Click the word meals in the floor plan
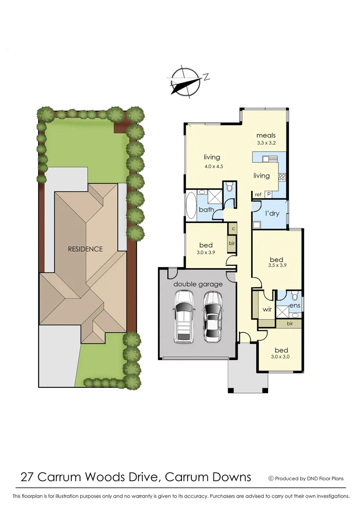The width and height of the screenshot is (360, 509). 266,136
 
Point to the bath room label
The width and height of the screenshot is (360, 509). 206,209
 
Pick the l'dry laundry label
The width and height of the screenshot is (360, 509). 272,213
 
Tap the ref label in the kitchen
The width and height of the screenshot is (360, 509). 258,194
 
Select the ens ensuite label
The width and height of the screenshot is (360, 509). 295,305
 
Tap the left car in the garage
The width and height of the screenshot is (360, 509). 184,316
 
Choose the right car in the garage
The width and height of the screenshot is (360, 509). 213,316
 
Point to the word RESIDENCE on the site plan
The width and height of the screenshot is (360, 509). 85,249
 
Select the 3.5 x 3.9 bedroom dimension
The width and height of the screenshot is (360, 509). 276,265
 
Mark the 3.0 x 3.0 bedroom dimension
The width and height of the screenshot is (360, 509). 281,357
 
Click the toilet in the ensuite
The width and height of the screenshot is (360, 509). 294,296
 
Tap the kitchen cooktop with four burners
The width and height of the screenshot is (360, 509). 282,177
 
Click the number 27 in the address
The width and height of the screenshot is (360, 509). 27,477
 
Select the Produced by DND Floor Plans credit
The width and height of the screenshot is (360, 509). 306,478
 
